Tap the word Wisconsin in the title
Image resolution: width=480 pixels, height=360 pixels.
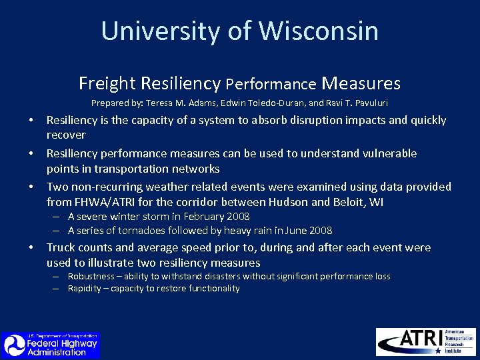pos(319,31)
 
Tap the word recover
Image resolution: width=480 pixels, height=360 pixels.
pos(66,135)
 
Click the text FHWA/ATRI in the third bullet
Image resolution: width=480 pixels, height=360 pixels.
pos(101,202)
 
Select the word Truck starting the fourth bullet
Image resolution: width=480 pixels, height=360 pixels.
pos(61,247)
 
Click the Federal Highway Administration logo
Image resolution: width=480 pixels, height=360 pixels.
pos(51,345)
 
